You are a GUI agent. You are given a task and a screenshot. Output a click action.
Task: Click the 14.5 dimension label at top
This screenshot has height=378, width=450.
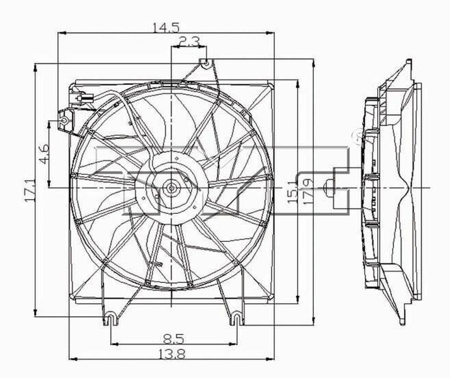pos(166,27)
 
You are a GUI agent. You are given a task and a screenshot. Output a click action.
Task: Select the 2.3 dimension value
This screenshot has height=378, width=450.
pos(189,41)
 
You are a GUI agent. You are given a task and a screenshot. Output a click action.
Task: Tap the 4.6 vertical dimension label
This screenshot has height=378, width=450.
pos(43,154)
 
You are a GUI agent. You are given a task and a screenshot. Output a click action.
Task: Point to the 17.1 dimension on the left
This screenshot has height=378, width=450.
pos(29,190)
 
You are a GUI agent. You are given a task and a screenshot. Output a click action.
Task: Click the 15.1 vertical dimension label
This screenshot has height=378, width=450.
pos(291,189)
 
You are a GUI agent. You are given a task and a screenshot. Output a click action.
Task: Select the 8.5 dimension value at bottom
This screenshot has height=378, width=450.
pos(173,338)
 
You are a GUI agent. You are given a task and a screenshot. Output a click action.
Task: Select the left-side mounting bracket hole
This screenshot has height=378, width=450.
pos(65,121)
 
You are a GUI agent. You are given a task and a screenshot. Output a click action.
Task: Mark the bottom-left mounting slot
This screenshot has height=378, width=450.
pos(110,318)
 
